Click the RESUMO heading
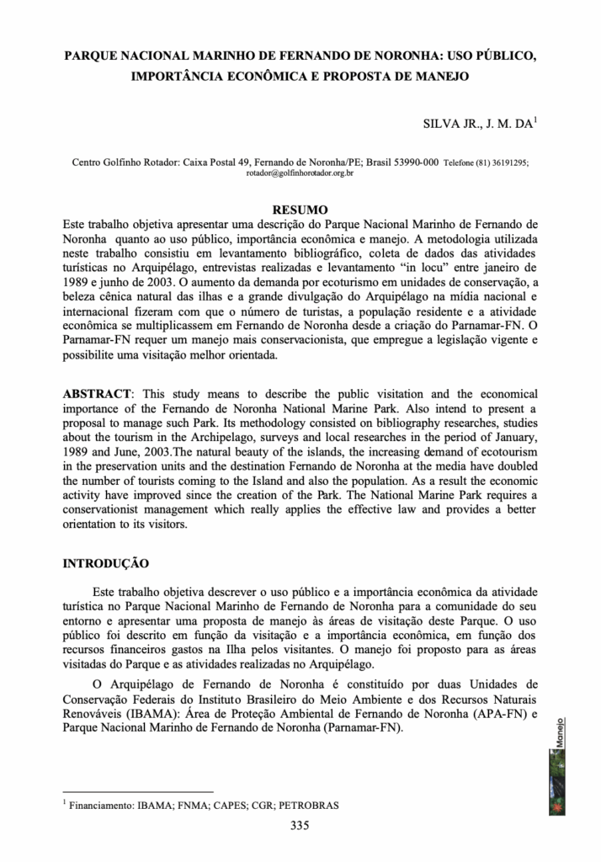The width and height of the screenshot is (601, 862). tap(301, 209)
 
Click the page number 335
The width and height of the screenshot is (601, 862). tap(300, 825)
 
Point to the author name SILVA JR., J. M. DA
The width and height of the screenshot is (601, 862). tap(478, 123)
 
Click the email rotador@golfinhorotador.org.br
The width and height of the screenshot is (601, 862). tap(300, 172)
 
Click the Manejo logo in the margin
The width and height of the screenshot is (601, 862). tap(556, 765)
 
